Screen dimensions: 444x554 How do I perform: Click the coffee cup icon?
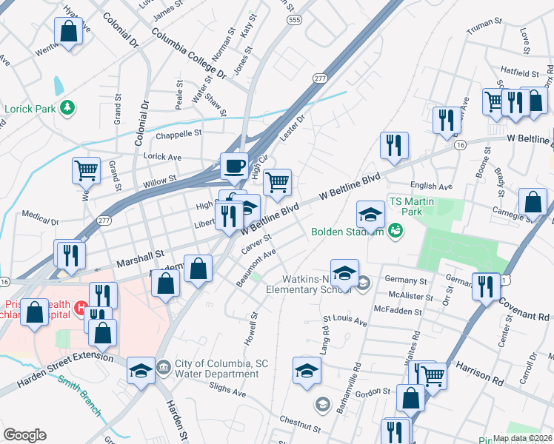coord(235,165)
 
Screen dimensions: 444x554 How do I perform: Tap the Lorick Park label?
coord(30,109)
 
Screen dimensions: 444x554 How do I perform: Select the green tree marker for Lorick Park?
coord(67,108)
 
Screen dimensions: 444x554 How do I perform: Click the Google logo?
coord(24,435)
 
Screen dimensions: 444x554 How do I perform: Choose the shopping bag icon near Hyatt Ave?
coord(68,32)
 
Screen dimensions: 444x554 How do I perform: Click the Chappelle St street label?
coord(178,134)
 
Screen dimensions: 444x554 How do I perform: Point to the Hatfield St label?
coord(518,73)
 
